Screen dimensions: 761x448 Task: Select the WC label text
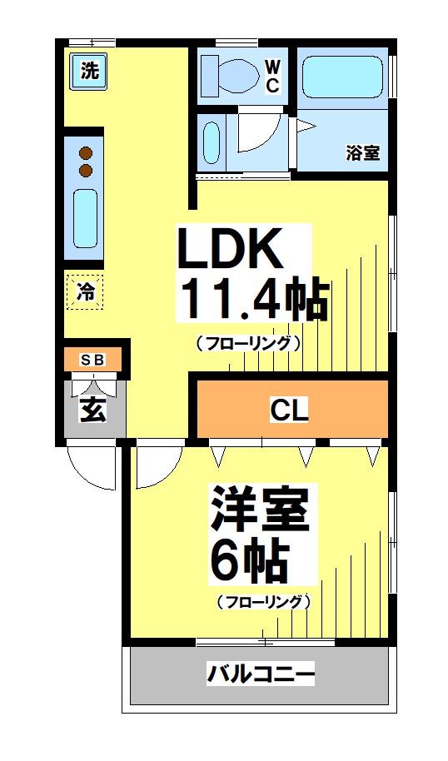click(272, 76)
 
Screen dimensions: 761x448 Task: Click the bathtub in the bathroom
click(341, 77)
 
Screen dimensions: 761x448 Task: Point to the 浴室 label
click(362, 153)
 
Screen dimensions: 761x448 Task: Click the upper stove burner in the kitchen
click(85, 152)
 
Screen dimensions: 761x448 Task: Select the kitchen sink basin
click(85, 217)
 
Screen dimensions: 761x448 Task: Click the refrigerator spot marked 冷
click(85, 291)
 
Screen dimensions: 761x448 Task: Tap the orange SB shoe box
click(92, 360)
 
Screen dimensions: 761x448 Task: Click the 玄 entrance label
click(92, 410)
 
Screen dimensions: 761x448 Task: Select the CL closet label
click(290, 409)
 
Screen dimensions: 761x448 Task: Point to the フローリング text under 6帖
click(263, 601)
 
